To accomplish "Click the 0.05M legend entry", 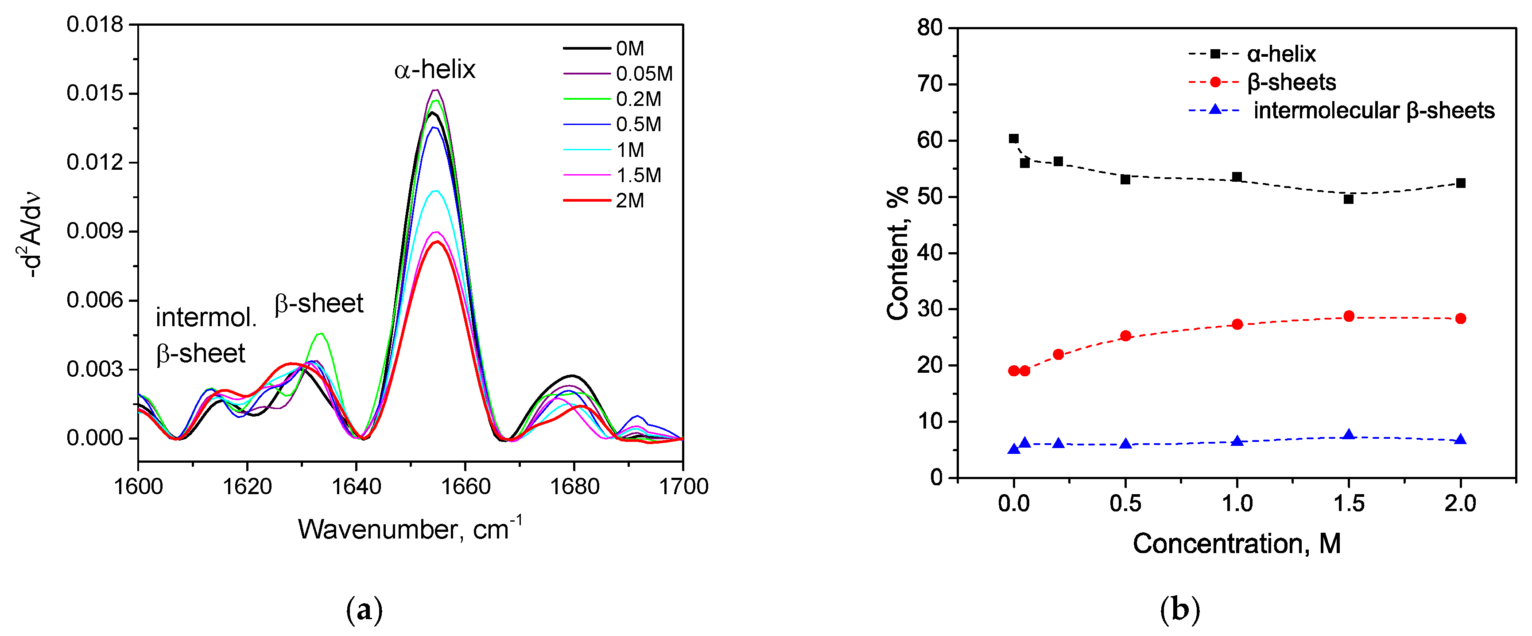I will click(644, 74).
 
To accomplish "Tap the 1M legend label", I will click(629, 150).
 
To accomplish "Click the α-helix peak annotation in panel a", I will click(435, 70).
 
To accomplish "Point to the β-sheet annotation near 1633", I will click(319, 304).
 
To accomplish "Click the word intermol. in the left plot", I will click(206, 318).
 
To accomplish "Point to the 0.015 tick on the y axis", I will click(95, 94).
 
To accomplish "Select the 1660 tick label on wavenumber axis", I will click(465, 487).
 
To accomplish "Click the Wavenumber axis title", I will click(410, 529).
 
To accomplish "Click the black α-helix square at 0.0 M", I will click(1013, 139).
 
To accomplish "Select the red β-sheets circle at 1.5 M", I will click(1348, 316).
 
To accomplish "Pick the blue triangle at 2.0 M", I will click(1460, 439).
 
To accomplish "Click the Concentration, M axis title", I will click(1237, 543).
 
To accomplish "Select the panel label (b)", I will click(1180, 610).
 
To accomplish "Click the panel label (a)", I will click(364, 610).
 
